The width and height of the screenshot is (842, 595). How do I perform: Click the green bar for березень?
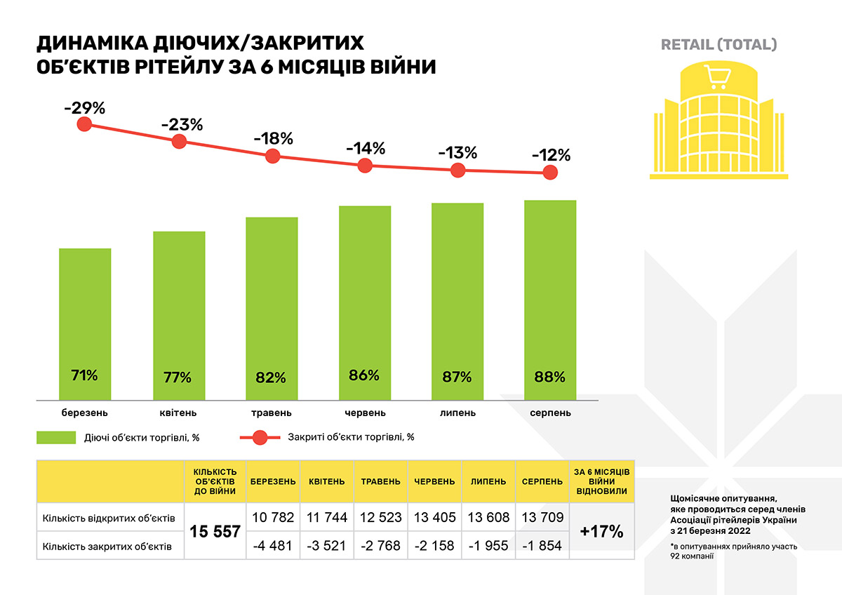85,323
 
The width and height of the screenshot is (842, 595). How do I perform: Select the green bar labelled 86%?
364,302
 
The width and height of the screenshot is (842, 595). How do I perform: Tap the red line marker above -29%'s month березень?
85,124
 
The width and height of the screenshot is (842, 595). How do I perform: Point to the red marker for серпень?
551,172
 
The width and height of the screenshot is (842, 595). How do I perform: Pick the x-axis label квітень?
178,413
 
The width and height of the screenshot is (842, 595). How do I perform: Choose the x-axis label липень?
457,413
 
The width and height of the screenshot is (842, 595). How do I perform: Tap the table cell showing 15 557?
215,532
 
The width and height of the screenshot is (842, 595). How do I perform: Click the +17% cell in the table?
601,531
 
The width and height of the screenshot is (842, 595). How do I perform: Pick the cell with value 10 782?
273,518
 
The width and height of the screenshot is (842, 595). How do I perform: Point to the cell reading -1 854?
541,545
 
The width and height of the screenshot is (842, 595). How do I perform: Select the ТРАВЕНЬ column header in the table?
380,482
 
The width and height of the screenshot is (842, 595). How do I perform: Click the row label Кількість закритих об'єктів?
107,545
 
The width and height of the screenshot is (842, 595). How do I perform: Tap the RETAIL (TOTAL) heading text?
719,45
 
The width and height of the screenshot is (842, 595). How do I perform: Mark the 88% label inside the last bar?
549,377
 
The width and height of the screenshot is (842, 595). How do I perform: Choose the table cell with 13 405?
434,518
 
